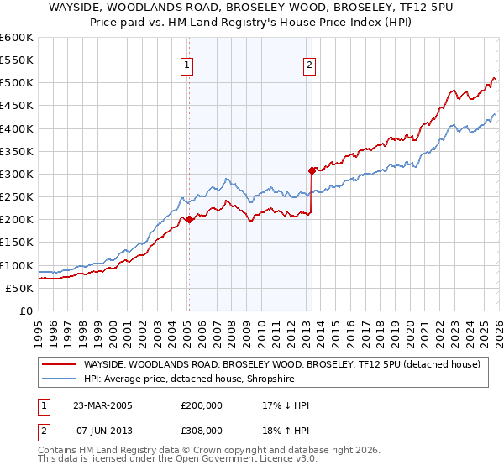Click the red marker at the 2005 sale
(x=189, y=220)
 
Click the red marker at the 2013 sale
(x=312, y=170)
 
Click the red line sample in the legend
(x=59, y=364)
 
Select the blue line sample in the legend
(x=59, y=379)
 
